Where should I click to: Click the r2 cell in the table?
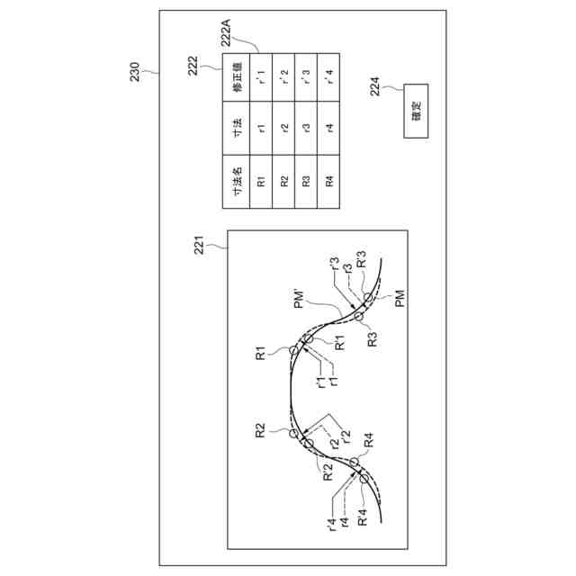283,129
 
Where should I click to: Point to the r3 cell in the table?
306,129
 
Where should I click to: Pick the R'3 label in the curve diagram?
361,261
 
